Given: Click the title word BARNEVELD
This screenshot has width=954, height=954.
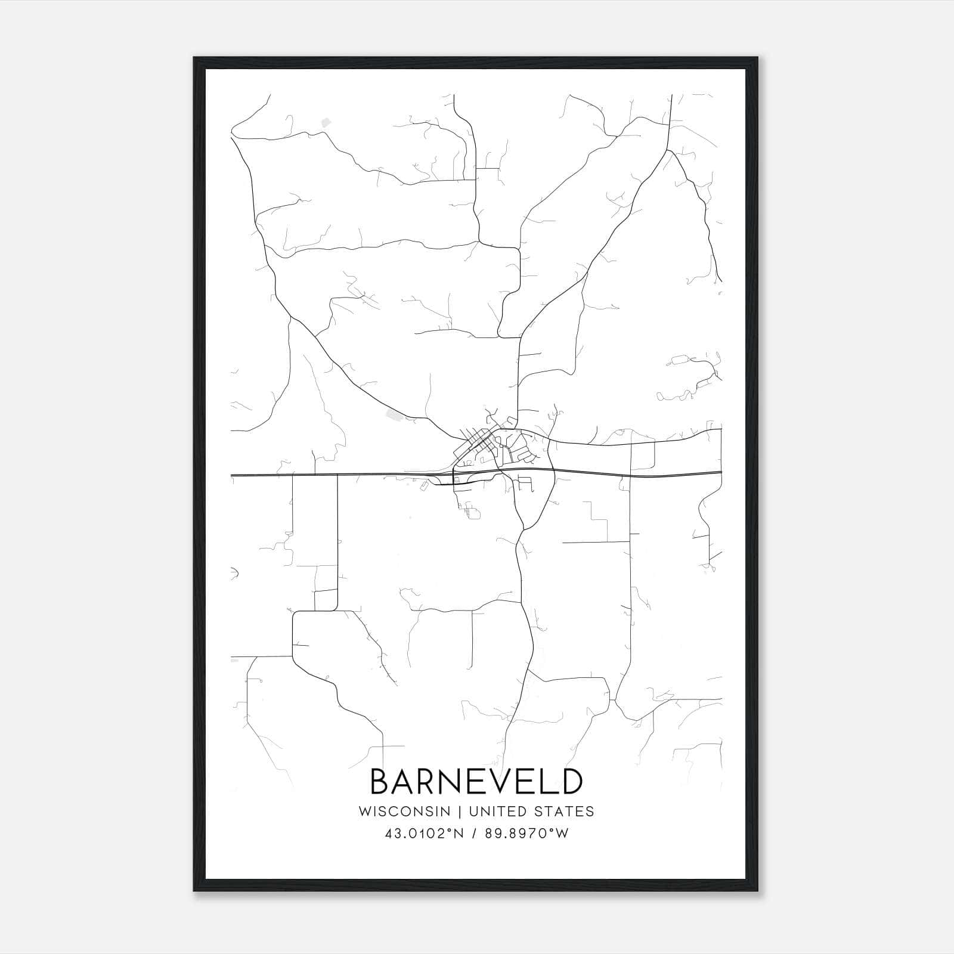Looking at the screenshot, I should (x=476, y=781).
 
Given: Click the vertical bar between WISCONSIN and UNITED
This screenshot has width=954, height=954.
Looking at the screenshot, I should (x=460, y=811).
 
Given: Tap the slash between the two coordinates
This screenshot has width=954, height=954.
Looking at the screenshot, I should (x=473, y=834).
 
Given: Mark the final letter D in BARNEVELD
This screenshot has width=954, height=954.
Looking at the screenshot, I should (x=571, y=781).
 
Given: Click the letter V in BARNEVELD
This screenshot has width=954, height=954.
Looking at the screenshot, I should (x=488, y=781).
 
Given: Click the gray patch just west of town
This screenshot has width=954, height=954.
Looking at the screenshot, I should (x=393, y=413).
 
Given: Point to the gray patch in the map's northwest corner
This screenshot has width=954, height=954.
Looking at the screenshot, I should (x=326, y=123).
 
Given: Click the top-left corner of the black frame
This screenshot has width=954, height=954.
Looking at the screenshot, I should (x=194, y=58).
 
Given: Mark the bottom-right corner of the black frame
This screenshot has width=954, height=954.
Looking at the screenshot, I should (x=758, y=891).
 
